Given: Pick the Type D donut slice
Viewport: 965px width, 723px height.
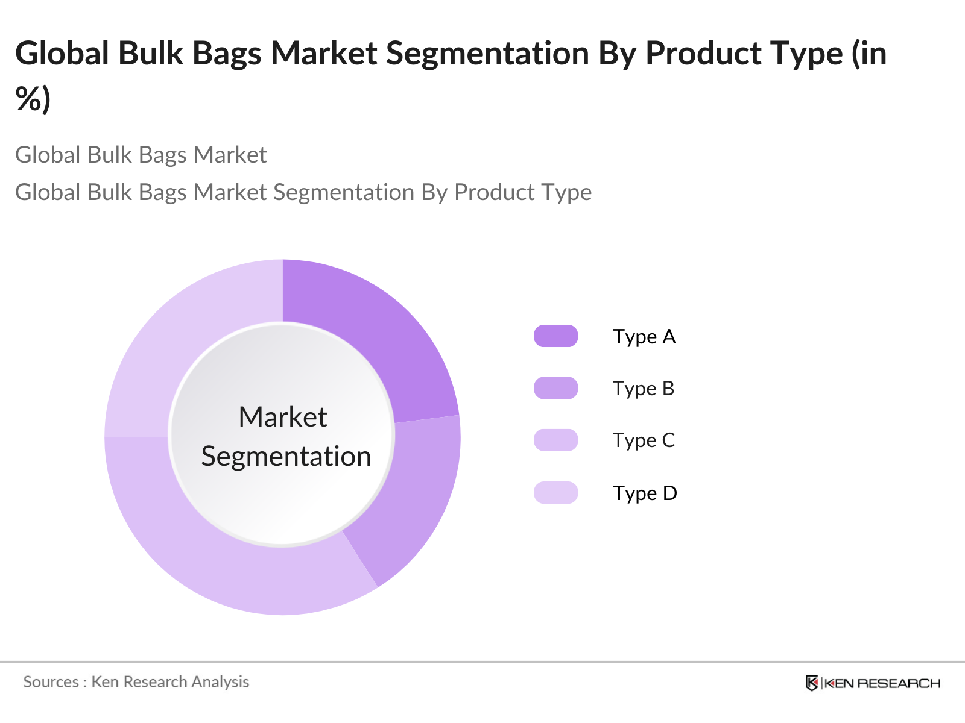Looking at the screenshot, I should click(x=181, y=337).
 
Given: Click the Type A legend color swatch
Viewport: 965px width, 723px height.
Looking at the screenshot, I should click(x=555, y=336).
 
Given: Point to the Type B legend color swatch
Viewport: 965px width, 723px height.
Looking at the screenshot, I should click(x=555, y=388).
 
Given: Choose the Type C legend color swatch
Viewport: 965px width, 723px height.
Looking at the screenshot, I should click(x=555, y=440).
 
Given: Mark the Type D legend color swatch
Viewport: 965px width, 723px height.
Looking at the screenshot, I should click(x=555, y=493).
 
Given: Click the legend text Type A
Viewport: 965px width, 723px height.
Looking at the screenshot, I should click(x=644, y=337).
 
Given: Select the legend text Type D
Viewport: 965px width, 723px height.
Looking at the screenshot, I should click(x=645, y=493).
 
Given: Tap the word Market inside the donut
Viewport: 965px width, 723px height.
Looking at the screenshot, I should click(x=282, y=417).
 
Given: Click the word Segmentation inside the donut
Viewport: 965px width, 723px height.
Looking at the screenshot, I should click(x=286, y=457).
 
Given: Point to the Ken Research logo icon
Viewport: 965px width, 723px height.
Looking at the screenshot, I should click(x=812, y=683).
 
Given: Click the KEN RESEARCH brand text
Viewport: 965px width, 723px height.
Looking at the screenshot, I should click(x=882, y=683).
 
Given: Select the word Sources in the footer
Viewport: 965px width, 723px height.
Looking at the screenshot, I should click(x=51, y=682).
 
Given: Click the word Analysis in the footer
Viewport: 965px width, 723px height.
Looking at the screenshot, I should click(x=220, y=682).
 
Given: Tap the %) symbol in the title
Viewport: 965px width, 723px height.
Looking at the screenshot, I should click(x=33, y=99).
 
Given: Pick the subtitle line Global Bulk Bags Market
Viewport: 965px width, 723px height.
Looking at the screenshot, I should click(x=141, y=155).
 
